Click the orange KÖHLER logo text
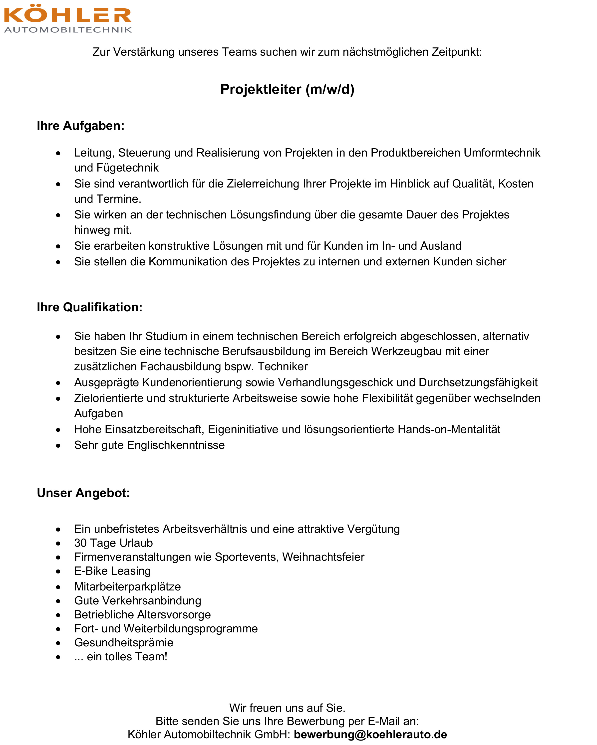click(67, 14)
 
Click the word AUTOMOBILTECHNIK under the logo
click(68, 30)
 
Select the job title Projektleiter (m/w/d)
click(287, 89)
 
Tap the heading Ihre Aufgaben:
click(80, 126)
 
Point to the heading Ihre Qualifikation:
click(89, 307)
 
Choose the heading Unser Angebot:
click(83, 493)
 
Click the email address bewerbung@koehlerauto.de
click(370, 734)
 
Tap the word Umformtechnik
click(502, 153)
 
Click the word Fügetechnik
click(128, 168)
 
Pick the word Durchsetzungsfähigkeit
click(478, 382)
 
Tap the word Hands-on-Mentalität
click(449, 429)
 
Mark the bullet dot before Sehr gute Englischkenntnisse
click(58, 446)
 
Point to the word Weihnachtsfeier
click(323, 557)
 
